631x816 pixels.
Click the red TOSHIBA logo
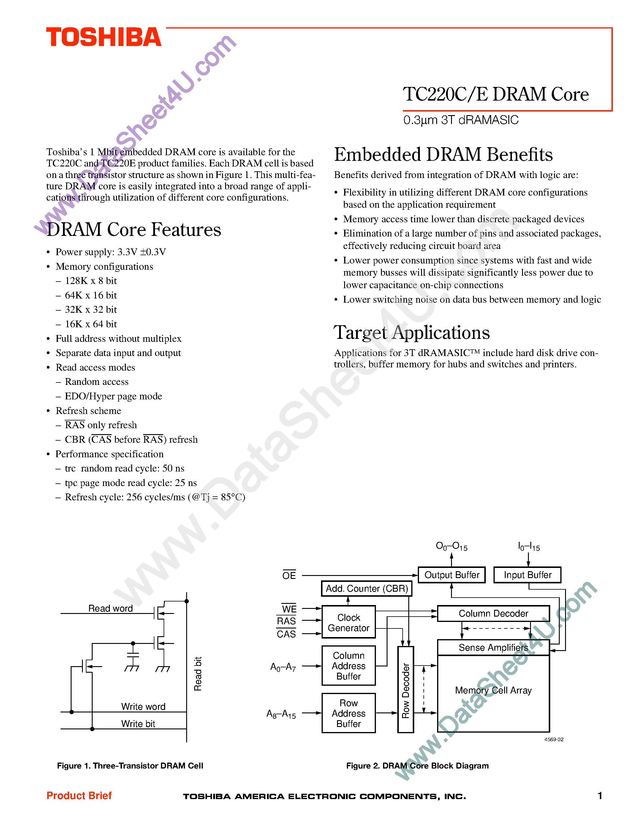(104, 37)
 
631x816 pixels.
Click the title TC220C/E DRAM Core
(495, 94)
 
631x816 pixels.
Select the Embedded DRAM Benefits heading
(443, 155)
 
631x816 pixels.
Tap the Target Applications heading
(411, 333)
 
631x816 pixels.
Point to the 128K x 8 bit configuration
(91, 281)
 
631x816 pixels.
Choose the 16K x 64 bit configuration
(91, 324)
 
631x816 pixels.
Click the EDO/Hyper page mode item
(113, 396)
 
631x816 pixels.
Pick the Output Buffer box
(452, 575)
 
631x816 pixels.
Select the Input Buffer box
(527, 575)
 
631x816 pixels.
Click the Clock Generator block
(348, 623)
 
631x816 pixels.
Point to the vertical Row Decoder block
(406, 690)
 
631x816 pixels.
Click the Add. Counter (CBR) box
(367, 589)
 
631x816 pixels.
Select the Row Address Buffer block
(348, 713)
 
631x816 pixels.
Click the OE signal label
(289, 575)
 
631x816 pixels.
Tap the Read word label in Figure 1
(110, 608)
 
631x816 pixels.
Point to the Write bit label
(138, 724)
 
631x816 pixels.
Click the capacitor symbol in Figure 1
(133, 655)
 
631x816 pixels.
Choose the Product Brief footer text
(79, 796)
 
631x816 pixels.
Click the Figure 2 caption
(417, 766)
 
